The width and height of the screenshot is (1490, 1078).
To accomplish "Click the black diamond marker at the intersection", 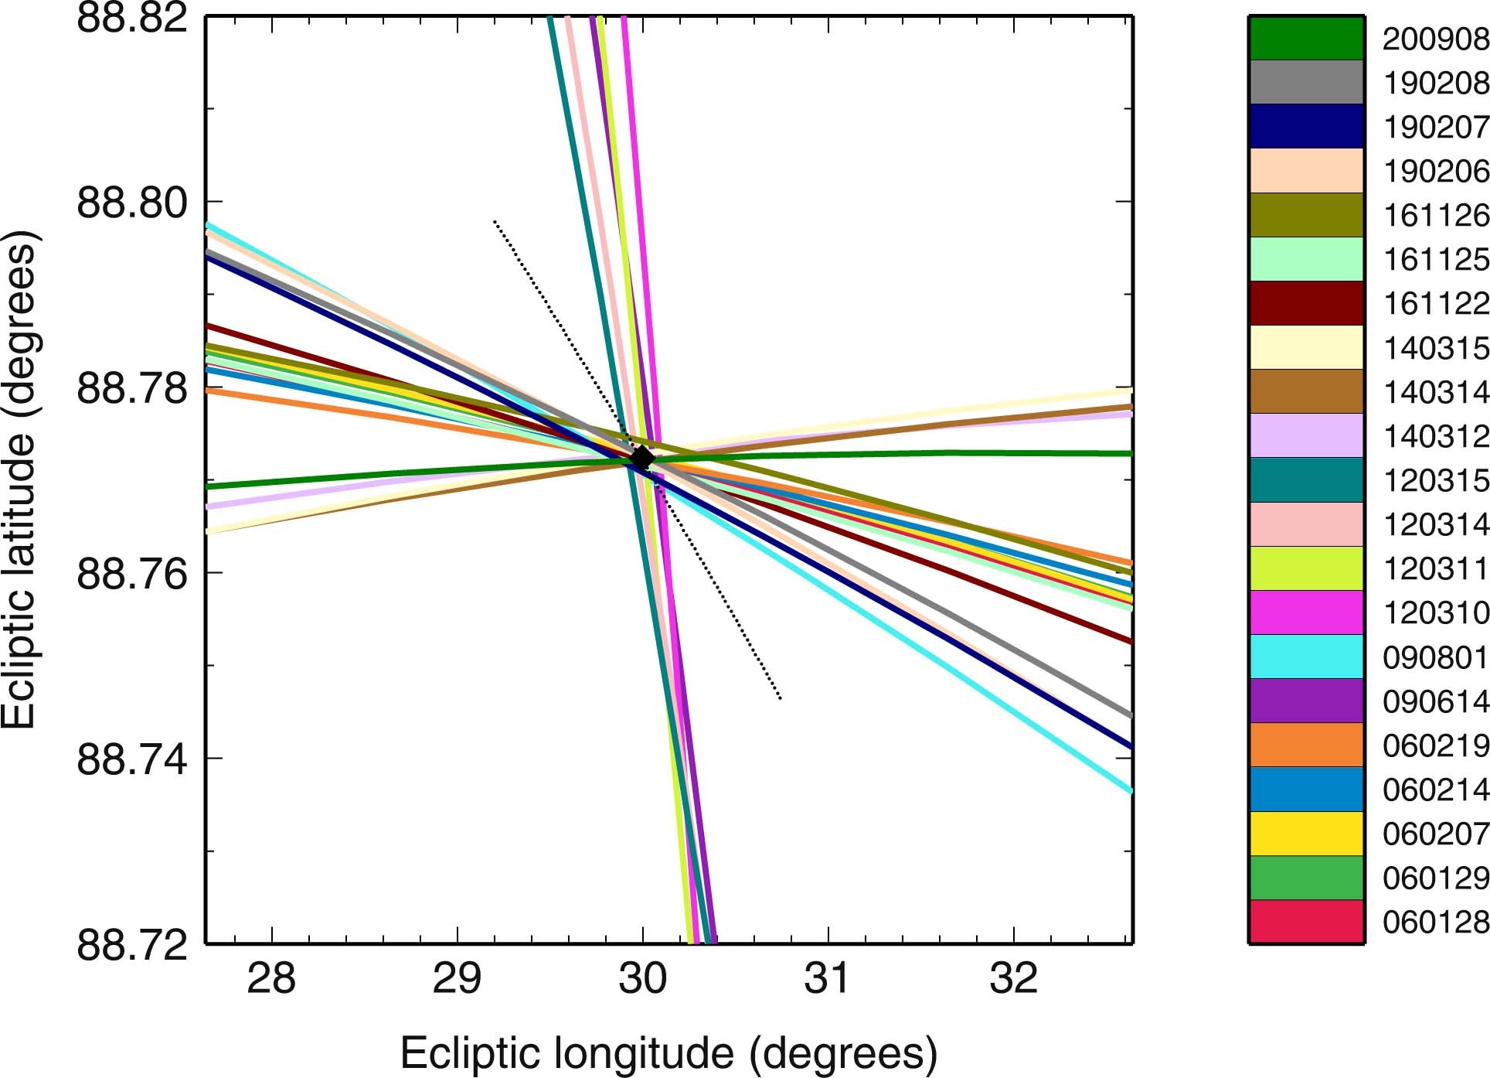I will [641, 458].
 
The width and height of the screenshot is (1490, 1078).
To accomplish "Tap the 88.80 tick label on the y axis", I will [132, 203].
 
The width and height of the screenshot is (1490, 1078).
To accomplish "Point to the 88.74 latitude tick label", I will [132, 759].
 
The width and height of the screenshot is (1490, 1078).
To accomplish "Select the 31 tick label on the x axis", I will [827, 978].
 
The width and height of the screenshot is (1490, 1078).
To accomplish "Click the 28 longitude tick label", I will [270, 978].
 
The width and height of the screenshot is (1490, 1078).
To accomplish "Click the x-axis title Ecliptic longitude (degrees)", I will [668, 1053].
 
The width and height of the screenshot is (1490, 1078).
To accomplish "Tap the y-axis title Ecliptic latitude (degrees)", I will [19, 479].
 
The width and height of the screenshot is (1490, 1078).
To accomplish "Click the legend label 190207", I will [1435, 128].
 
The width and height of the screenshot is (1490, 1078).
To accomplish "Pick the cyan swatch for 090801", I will [1306, 657].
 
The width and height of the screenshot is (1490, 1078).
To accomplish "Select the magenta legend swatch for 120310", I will [1306, 612].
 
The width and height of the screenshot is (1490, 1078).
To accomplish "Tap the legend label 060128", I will [1435, 922].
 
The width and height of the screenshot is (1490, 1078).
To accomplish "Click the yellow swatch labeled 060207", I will [1306, 834].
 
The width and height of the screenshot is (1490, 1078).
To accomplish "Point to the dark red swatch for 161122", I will [1306, 303].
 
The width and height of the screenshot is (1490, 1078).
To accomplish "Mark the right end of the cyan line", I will [1130, 790].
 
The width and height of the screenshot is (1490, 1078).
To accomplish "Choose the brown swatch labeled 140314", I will [1306, 391].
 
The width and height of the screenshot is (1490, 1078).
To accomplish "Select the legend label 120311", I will [1435, 569].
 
